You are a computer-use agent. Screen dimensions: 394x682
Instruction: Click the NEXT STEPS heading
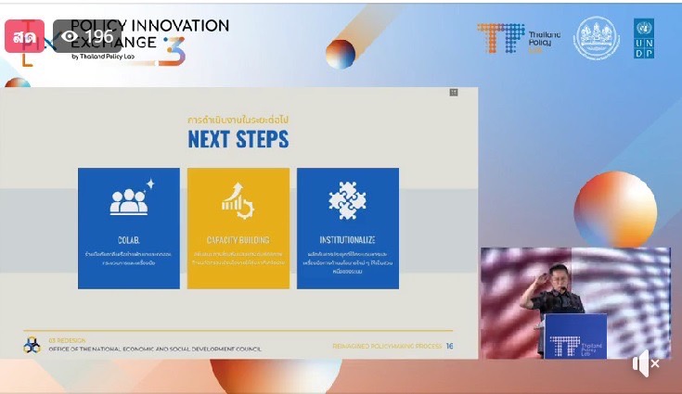click(x=238, y=140)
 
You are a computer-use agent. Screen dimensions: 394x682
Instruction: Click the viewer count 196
click(x=98, y=37)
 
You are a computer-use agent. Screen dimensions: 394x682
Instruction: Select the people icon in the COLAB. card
click(x=129, y=201)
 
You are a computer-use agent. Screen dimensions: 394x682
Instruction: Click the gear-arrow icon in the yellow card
click(x=238, y=201)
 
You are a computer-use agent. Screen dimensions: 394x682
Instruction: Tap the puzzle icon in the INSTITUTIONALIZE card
click(x=347, y=201)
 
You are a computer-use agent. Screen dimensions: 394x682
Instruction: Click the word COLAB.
click(x=128, y=240)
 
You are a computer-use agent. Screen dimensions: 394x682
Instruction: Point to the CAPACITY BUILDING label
click(x=238, y=240)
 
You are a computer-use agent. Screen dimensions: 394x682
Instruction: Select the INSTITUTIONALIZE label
click(x=347, y=240)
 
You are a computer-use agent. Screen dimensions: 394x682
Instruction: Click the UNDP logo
click(x=644, y=39)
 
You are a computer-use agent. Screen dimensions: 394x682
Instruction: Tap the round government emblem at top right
click(x=597, y=39)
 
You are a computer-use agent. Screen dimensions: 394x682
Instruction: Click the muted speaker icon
click(x=646, y=364)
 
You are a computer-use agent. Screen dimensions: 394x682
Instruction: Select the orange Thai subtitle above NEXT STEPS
click(x=238, y=120)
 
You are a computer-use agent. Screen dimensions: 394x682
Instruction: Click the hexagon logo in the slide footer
click(x=32, y=346)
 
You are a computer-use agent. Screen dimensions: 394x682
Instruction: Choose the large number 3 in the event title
click(x=171, y=51)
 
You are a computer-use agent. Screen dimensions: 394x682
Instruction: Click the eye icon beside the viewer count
click(x=70, y=37)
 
